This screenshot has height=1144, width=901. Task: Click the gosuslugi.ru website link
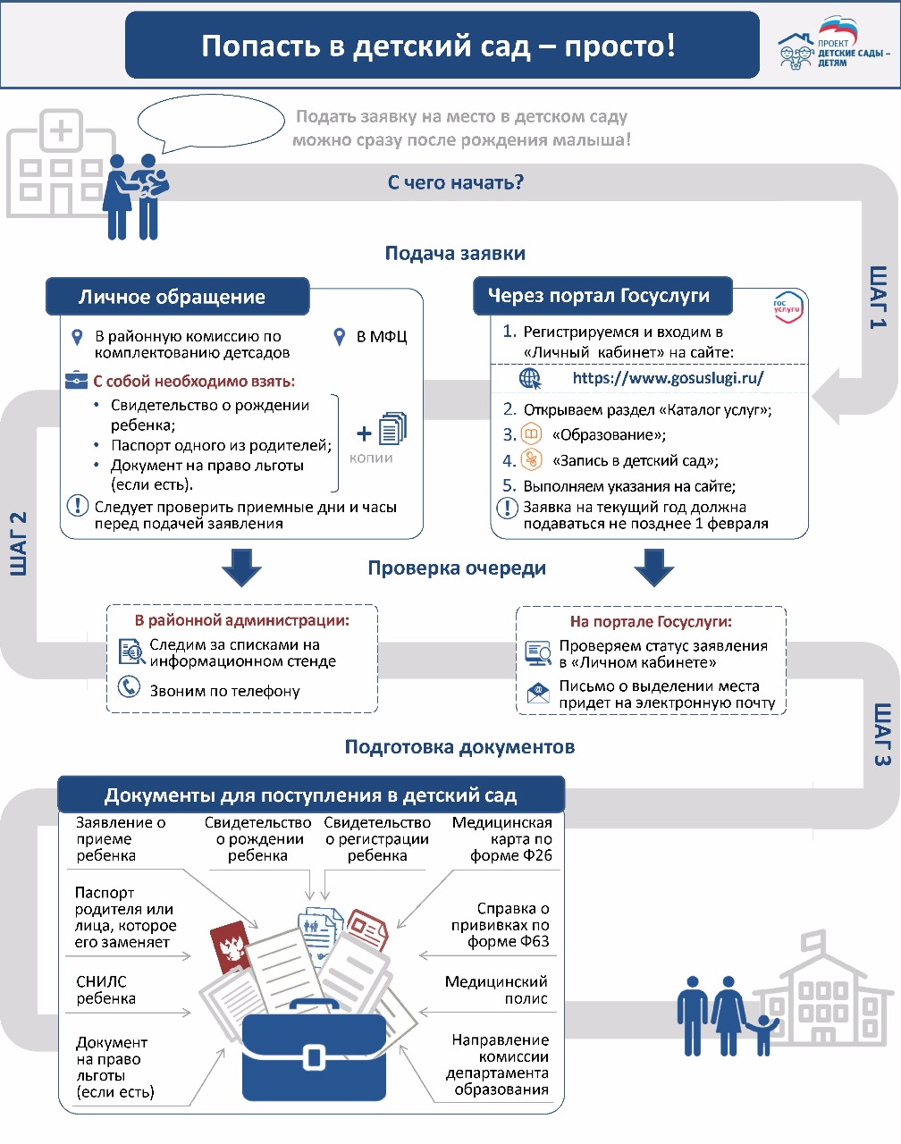tap(668, 378)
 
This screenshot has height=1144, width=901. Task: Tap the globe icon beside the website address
tap(530, 378)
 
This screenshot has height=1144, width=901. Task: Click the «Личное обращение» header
tap(173, 297)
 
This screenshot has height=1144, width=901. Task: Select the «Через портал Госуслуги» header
tap(598, 296)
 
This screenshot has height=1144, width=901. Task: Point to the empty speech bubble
tap(210, 122)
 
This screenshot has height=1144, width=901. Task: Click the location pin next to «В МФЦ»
tap(340, 337)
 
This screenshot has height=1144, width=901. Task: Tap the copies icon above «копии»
tap(392, 429)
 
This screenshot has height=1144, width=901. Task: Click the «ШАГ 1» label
tap(878, 297)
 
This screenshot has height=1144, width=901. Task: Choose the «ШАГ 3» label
tap(881, 735)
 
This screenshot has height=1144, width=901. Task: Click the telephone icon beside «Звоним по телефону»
tap(130, 687)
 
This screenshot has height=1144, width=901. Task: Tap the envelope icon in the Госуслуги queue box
tap(538, 694)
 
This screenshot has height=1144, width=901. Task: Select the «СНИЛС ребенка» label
tap(105, 990)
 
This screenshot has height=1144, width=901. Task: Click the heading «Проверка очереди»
tap(457, 568)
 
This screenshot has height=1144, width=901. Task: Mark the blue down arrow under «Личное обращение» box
tap(240, 568)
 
